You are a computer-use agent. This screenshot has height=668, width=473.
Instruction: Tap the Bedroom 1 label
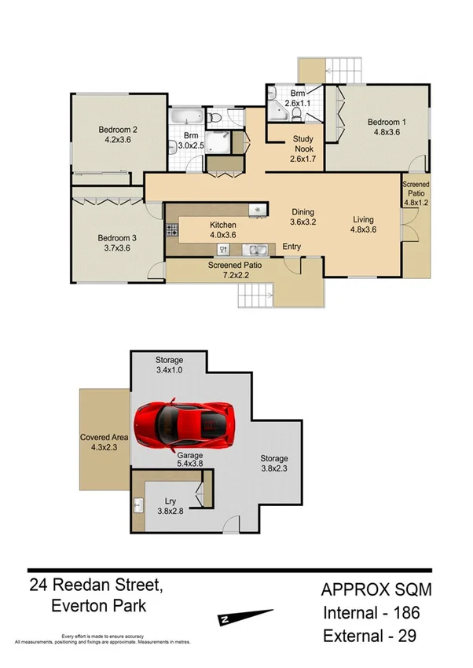point(387,127)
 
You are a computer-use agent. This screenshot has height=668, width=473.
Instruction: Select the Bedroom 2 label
point(118,135)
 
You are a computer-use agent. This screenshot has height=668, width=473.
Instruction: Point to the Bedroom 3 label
point(117,243)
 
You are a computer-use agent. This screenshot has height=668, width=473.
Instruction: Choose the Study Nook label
point(303,145)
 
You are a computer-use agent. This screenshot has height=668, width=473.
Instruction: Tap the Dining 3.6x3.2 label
point(302,216)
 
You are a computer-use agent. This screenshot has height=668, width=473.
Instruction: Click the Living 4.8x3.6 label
point(362,225)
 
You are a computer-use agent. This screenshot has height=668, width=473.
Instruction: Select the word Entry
point(291,247)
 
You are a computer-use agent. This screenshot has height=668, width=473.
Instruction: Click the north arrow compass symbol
point(245,618)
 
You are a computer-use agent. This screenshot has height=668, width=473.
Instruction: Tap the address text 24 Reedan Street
point(96,585)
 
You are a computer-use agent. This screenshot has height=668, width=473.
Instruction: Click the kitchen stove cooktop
point(173,230)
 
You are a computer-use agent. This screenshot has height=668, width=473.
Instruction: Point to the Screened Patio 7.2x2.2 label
point(234,270)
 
